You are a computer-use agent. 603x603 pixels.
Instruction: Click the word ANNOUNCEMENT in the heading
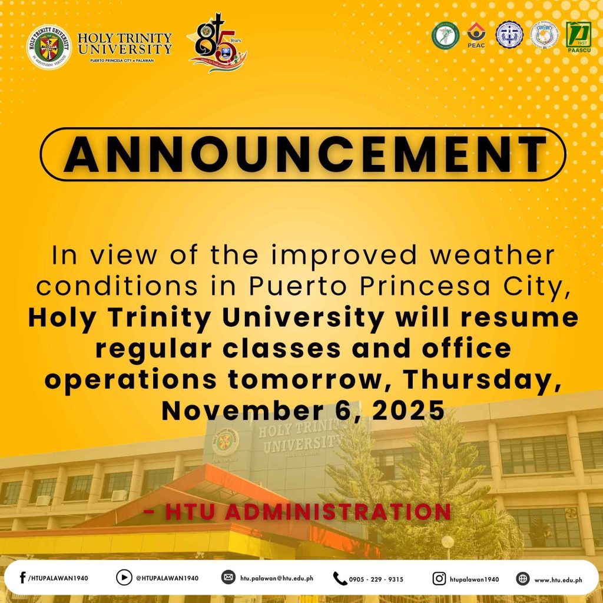(303, 154)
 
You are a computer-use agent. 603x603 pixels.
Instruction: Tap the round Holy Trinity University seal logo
(50, 47)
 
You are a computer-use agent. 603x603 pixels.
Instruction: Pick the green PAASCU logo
(578, 35)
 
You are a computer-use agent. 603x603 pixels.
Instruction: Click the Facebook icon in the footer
(22, 578)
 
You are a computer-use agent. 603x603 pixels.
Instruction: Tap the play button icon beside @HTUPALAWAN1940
(124, 578)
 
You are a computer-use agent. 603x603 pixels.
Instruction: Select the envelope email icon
(228, 578)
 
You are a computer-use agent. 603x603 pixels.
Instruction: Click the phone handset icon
(340, 578)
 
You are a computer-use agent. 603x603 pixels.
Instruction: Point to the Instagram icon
(439, 578)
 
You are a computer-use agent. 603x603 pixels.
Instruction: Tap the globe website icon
(523, 578)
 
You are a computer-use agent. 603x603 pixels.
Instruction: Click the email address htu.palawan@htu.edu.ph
(276, 578)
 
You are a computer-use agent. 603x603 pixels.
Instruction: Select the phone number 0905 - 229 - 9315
(376, 579)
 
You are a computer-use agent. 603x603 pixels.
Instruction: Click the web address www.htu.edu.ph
(558, 579)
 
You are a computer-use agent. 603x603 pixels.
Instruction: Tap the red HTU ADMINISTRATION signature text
(297, 512)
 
